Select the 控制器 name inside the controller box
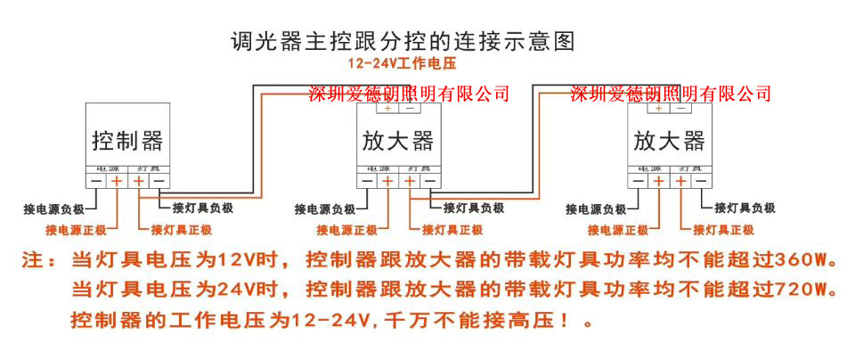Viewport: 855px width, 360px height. (127, 141)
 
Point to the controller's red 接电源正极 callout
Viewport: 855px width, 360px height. (76, 230)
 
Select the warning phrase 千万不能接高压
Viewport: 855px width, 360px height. (475, 318)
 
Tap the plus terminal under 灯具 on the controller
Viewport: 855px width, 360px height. (139, 181)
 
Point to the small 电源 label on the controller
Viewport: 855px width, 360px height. (107, 168)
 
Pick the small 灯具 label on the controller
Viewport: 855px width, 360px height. (148, 168)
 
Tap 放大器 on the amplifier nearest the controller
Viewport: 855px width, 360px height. (398, 141)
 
